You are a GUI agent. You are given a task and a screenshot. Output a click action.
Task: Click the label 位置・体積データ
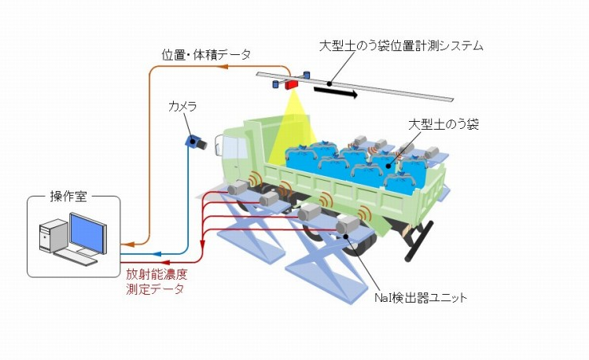coord(207,54)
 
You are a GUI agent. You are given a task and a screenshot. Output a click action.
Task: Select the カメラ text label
coord(182,105)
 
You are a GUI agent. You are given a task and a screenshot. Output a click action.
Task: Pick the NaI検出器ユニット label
coord(409,298)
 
